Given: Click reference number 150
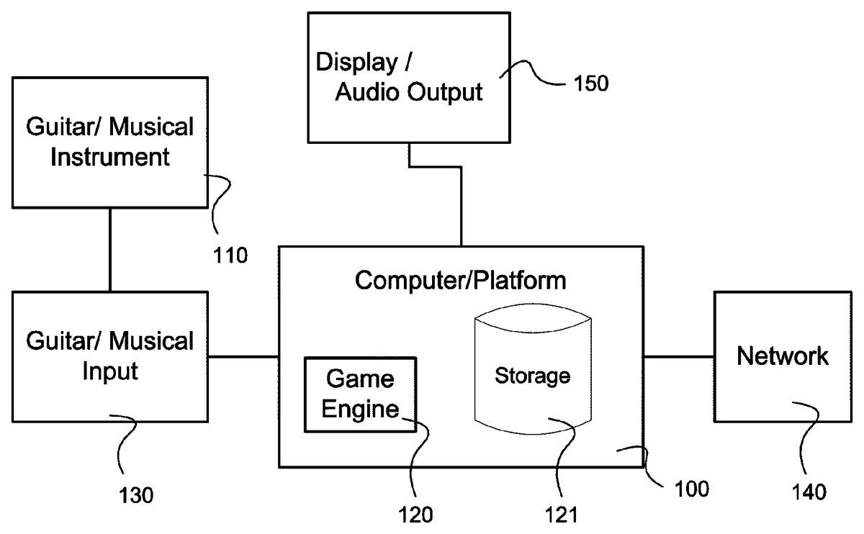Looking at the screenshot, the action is tap(591, 83).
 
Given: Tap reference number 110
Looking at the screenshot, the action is tap(230, 255).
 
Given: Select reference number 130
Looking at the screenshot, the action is tap(136, 495).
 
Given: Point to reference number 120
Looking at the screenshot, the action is tap(415, 515).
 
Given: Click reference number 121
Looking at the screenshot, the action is tap(561, 515).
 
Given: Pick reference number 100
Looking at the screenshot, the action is tap(692, 489).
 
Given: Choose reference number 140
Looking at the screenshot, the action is tap(809, 492).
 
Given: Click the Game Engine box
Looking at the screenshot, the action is tap(360, 395).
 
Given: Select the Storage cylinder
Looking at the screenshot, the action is tap(533, 369).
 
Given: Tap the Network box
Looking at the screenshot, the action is tap(783, 357).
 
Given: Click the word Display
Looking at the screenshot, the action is tap(356, 62).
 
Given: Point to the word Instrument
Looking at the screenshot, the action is tap(110, 157).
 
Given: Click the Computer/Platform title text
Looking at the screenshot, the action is tap(461, 280).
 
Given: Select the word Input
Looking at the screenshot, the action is tap(110, 371).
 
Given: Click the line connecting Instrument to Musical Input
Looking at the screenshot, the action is tap(110, 250).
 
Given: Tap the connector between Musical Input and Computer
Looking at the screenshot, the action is tap(243, 357).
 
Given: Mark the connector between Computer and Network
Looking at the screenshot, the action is tap(679, 357).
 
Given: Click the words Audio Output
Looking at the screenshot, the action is tap(409, 92).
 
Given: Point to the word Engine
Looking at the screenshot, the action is tap(360, 409).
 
